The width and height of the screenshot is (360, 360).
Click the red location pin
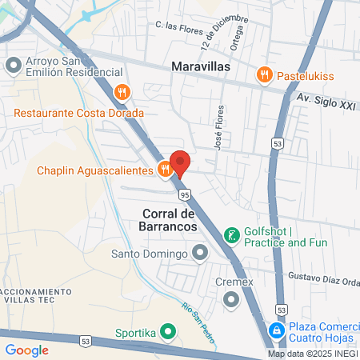pos(181,161)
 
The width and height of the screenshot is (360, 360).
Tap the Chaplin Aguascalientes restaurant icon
pos(164,169)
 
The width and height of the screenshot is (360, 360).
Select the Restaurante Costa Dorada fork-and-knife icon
pos(122,92)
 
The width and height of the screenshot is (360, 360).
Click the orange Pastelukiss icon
pos(264,74)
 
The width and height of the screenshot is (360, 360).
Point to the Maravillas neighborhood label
pos(201,67)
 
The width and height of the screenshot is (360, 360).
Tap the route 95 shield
pos(185,194)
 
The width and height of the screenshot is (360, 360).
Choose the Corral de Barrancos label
pos(169,220)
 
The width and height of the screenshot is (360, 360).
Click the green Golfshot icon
pos(231,235)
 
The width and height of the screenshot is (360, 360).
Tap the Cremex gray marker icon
pos(232,300)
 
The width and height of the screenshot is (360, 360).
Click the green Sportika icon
pos(167,330)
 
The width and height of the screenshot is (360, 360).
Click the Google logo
pos(26,350)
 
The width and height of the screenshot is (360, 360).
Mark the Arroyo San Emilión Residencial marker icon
pos(14,63)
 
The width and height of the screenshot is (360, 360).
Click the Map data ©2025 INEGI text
pos(311,354)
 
